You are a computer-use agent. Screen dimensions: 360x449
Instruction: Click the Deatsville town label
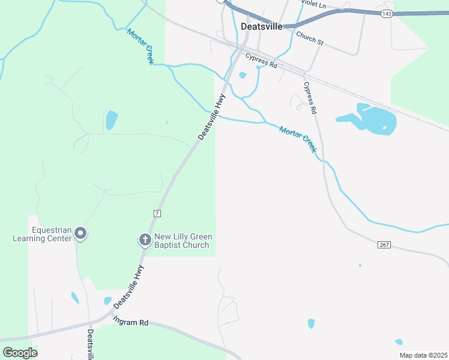pos(261,26)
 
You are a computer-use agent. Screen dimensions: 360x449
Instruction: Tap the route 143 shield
pos(387,13)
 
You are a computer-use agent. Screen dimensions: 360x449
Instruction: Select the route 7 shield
pos(157,213)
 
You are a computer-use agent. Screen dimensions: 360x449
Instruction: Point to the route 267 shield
pos(385,245)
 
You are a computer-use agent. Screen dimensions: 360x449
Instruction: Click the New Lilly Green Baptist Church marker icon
pos(145,240)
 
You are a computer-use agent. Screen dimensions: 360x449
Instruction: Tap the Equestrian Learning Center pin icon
pos(81,233)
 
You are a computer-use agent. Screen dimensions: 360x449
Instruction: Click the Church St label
pos(310,38)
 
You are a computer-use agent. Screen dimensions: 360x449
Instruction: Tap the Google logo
pos(20,353)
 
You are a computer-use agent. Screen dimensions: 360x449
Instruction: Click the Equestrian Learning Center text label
pos(43,234)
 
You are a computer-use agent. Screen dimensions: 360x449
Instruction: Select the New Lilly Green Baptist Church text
pos(182,241)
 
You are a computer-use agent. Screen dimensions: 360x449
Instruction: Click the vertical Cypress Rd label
pos(309,98)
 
